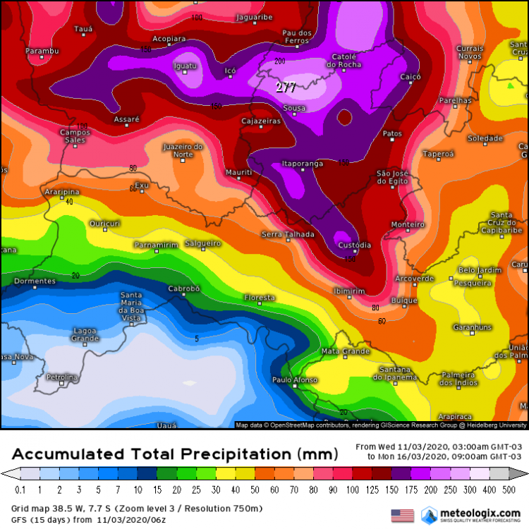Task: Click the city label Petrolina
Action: pyautogui.click(x=61, y=377)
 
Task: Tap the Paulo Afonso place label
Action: pyautogui.click(x=292, y=380)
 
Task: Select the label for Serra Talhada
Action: pyautogui.click(x=282, y=233)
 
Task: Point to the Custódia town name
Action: pyautogui.click(x=354, y=245)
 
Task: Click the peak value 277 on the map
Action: pyautogui.click(x=286, y=87)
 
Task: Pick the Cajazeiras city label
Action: pyautogui.click(x=261, y=121)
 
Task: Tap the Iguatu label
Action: pyautogui.click(x=184, y=66)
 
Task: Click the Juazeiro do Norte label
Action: pyautogui.click(x=183, y=150)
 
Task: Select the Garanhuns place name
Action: pyautogui.click(x=452, y=327)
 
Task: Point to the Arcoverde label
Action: pyautogui.click(x=415, y=278)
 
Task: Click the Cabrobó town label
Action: pyautogui.click(x=184, y=288)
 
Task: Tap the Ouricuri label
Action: pyautogui.click(x=105, y=223)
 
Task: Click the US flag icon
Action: pyautogui.click(x=402, y=515)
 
